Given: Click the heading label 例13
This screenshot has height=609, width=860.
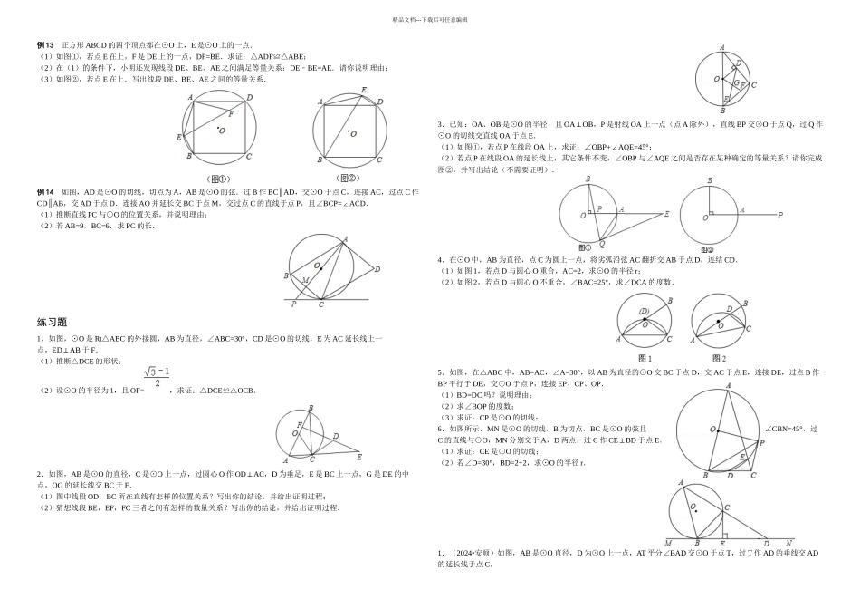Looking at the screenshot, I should tap(45, 44).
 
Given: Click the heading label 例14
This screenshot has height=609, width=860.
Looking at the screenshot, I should tap(45, 192).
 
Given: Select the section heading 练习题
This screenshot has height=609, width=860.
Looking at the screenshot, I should tap(52, 322).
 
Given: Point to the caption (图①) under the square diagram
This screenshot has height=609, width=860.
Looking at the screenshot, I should tap(219, 179).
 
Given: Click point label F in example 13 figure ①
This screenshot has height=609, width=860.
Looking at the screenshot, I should tap(230, 115).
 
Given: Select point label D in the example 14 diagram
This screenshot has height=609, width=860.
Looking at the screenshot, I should tap(377, 268).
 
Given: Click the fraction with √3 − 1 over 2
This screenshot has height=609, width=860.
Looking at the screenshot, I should tap(156, 377).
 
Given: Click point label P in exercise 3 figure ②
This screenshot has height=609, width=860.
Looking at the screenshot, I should tap(780, 215).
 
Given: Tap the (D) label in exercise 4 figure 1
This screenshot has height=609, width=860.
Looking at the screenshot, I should tap(645, 312).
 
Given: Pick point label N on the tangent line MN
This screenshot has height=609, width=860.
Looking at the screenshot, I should tap(786, 545).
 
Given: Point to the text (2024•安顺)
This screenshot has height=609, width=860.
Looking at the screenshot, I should tap(471, 552).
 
